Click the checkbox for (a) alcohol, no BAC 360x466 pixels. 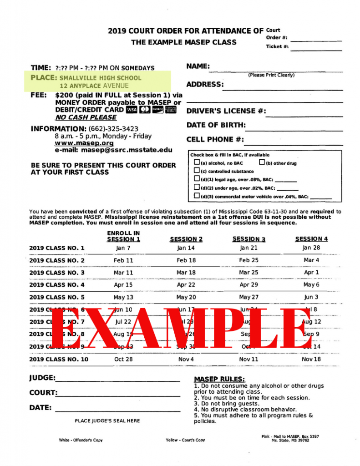pos(197,162)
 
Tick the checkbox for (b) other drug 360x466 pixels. pos(262,162)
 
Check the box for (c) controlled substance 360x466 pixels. pos(197,171)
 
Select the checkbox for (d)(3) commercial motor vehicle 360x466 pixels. pos(197,196)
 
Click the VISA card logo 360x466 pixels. pos(132,110)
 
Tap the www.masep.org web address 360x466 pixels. pos(84,143)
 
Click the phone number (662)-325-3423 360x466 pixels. pos(113,129)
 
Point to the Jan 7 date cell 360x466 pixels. pos(123,248)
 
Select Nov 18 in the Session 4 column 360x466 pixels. pos(311,359)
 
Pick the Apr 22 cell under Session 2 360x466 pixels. pos(186,285)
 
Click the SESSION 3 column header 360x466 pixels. pos(248,239)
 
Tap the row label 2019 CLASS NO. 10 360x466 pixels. pos(59,359)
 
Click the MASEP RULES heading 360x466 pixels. pos(219,379)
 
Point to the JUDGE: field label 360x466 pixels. pos(42,378)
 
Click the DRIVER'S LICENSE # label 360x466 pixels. pos(226,111)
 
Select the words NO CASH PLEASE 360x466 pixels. pos(86,117)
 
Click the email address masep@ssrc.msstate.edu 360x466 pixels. pos(114,150)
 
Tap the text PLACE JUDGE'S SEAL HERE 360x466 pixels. pos(107,421)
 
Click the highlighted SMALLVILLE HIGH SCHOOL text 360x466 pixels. pos(100,78)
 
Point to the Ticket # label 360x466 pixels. pos(277,46)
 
